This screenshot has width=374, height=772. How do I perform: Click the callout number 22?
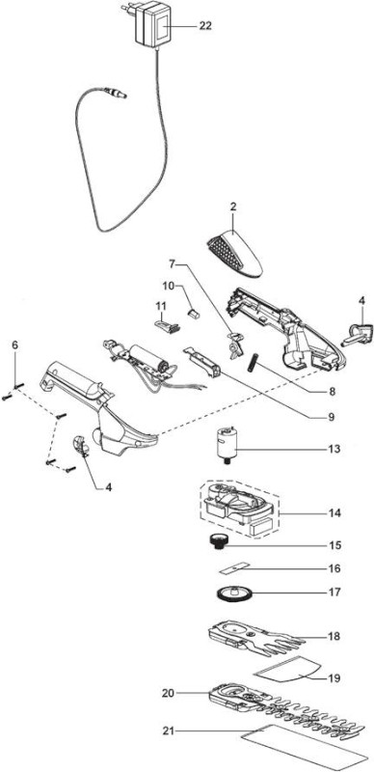tap(205, 26)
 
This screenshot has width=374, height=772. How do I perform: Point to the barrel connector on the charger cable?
tap(116, 93)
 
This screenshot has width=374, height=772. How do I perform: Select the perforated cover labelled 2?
tap(233, 256)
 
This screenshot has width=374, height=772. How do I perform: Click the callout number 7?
tap(172, 264)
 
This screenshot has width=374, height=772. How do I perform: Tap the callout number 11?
tap(161, 306)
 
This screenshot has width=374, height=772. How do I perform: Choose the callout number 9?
tap(332, 418)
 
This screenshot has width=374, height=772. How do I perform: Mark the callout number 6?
tap(14, 345)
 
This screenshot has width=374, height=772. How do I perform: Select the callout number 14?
tap(334, 513)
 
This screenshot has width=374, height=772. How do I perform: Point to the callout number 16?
tap(334, 568)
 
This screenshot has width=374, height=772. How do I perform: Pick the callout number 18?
tap(334, 636)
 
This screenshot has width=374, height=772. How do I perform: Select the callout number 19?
tap(334, 678)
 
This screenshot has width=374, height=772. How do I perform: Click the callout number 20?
tap(169, 693)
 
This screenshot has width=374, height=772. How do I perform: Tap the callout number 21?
tap(169, 731)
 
